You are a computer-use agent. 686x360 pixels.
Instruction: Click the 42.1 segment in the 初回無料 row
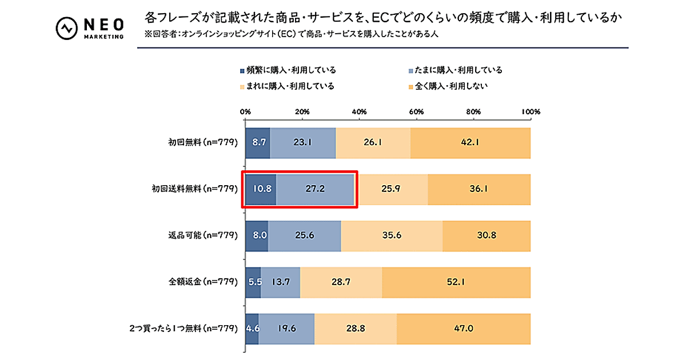pyautogui.click(x=470, y=143)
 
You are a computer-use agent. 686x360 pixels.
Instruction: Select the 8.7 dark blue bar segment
pyautogui.click(x=257, y=143)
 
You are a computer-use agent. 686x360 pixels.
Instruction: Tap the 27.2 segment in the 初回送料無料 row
pyautogui.click(x=315, y=189)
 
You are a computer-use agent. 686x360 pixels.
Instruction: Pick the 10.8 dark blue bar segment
pyautogui.click(x=261, y=189)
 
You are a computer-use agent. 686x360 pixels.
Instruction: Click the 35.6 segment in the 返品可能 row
pyautogui.click(x=392, y=235)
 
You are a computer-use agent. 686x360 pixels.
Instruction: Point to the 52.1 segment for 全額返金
pyautogui.click(x=456, y=282)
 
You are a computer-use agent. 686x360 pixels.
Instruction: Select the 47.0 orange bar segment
pyautogui.click(x=464, y=329)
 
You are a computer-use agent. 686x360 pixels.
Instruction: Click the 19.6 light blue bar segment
pyautogui.click(x=286, y=329)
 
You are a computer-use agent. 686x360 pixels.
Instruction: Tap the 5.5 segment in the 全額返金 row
pyautogui.click(x=253, y=282)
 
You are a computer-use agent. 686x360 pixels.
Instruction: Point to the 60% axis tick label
pyautogui.click(x=416, y=111)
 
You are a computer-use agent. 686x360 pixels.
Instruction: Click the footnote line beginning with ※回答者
pyautogui.click(x=292, y=34)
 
